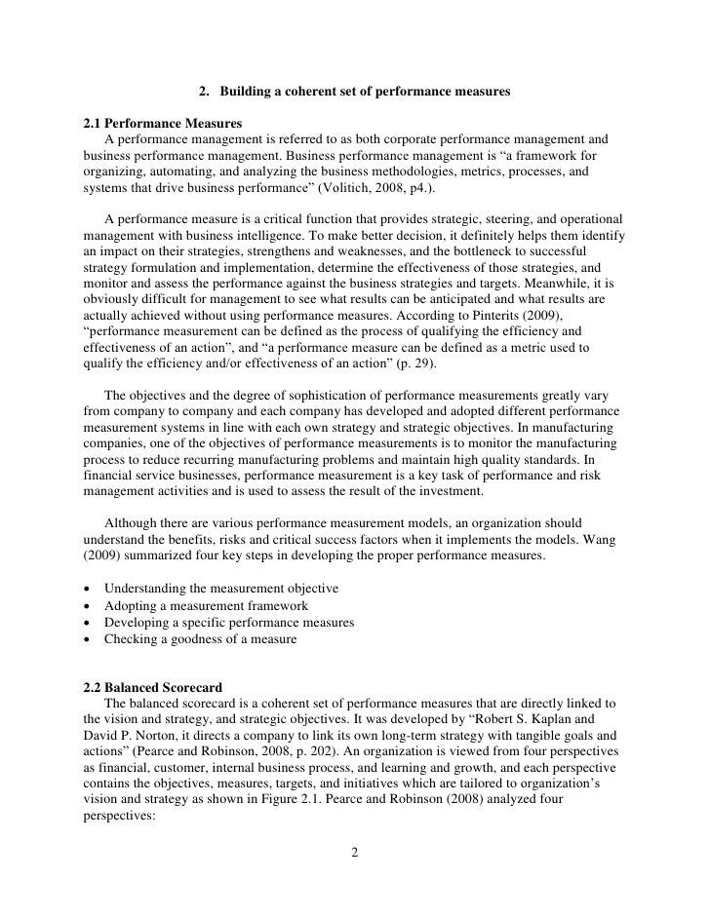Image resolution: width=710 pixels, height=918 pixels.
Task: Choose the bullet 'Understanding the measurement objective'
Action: pos(220,590)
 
